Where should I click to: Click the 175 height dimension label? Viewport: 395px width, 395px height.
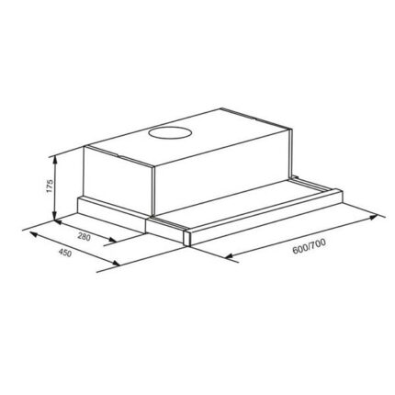point(50,186)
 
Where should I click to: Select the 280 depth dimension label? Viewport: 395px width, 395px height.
point(84,237)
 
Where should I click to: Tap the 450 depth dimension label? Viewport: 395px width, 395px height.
point(64,253)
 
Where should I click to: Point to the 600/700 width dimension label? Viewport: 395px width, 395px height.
point(309,246)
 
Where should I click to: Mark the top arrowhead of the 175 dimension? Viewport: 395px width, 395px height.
point(55,159)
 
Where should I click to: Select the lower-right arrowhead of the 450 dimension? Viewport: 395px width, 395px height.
point(116,263)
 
